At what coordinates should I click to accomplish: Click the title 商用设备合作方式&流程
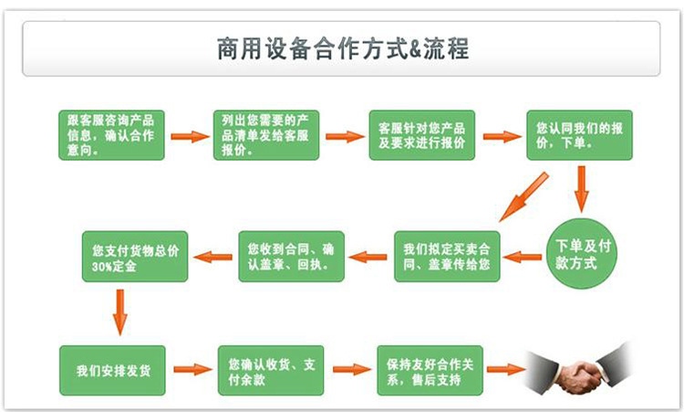(342, 48)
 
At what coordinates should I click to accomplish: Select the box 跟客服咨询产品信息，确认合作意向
(111, 135)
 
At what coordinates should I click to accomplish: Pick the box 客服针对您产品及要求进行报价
(421, 135)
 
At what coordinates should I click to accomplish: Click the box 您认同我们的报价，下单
(579, 135)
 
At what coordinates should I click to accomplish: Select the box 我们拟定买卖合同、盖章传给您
(448, 255)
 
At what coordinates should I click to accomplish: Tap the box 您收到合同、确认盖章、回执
(292, 255)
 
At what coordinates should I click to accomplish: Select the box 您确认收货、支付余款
(271, 370)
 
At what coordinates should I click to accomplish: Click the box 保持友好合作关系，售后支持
(429, 370)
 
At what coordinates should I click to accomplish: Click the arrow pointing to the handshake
(505, 370)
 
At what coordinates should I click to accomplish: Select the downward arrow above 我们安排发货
(119, 312)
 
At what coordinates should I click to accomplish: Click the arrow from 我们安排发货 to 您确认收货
(192, 370)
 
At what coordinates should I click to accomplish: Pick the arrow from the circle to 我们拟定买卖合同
(523, 257)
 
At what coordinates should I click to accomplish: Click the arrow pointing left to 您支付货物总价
(213, 257)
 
